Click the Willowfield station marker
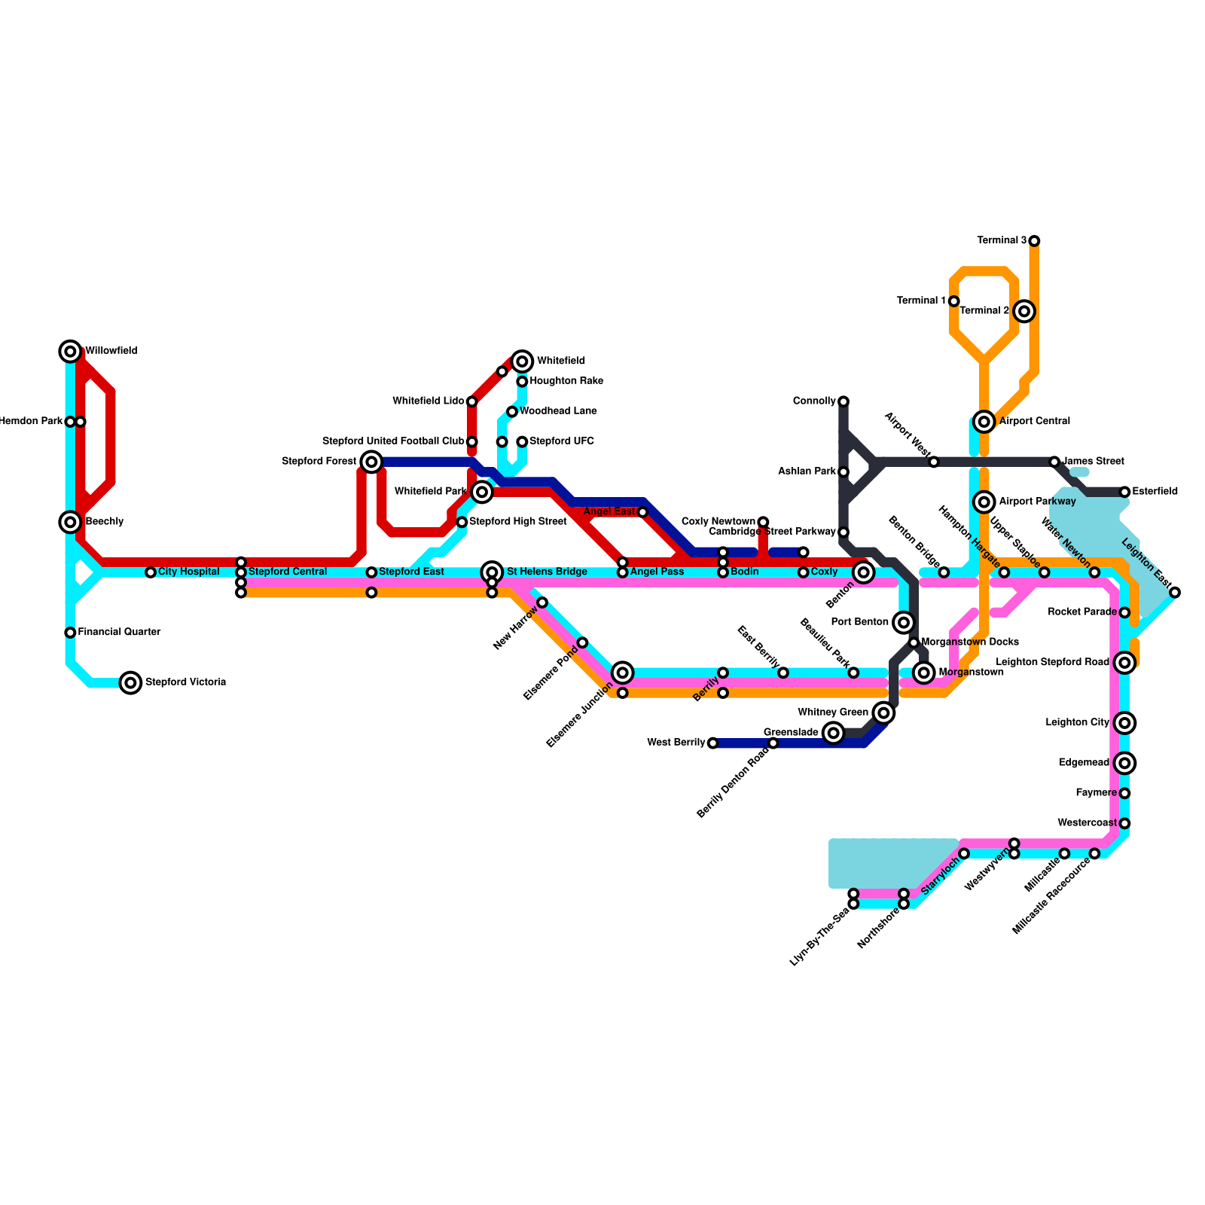click(70, 351)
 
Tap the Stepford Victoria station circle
click(131, 683)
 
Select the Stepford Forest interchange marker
click(371, 462)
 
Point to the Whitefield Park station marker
click(483, 492)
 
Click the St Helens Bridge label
click(547, 572)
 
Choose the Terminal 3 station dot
click(1034, 241)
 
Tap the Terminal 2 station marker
click(1023, 311)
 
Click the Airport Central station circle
click(984, 422)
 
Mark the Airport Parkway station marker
click(984, 502)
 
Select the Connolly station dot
click(843, 401)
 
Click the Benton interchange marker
click(864, 572)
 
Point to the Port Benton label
click(859, 622)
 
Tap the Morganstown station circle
click(924, 673)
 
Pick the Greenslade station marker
click(833, 733)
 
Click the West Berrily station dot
click(712, 743)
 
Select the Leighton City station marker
click(1124, 723)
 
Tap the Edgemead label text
click(1084, 763)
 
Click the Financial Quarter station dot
click(70, 633)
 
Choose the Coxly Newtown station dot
click(763, 522)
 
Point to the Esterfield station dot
click(1124, 492)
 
